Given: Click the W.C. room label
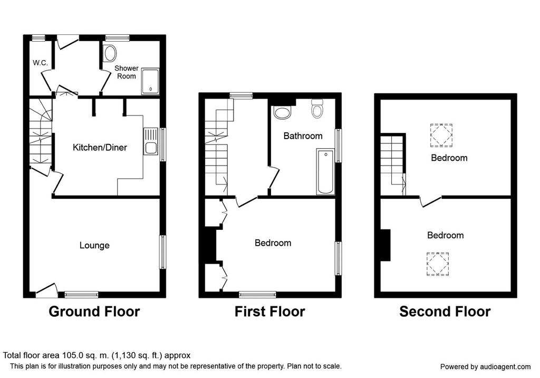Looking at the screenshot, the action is click(x=40, y=63).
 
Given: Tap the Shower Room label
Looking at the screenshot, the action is click(x=127, y=72).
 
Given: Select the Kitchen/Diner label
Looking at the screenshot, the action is click(x=100, y=148).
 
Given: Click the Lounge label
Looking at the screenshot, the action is click(x=94, y=245).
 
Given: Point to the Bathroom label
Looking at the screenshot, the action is click(x=303, y=136).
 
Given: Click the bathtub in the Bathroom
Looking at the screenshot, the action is click(x=325, y=171).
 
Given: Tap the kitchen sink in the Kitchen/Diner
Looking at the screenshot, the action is click(x=151, y=141).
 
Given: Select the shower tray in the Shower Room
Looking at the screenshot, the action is click(x=150, y=82).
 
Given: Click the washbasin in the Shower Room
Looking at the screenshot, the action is click(x=110, y=53).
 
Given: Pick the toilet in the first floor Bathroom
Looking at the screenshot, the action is click(x=316, y=108).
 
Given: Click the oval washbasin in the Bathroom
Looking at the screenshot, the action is click(x=282, y=112).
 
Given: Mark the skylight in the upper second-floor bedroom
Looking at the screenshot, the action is click(x=441, y=135).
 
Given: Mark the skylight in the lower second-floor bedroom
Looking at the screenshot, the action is click(x=438, y=264).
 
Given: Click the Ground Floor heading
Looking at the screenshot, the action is click(x=94, y=312).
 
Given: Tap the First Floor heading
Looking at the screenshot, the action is click(x=269, y=312).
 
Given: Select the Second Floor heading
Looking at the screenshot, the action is click(x=445, y=312).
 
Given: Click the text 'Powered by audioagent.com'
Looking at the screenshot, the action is click(x=486, y=366).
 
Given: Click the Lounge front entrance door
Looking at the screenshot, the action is click(x=46, y=290).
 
